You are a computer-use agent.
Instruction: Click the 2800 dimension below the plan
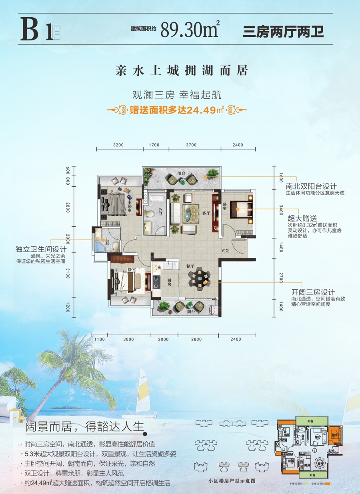196,339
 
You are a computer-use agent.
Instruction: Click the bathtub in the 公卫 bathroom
154,197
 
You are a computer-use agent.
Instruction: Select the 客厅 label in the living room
206,213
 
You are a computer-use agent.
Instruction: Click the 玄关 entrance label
226,251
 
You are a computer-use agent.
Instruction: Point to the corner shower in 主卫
98,245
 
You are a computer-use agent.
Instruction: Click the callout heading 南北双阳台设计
311,186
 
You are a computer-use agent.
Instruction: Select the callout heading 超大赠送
302,218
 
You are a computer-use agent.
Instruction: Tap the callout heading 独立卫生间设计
34,249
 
